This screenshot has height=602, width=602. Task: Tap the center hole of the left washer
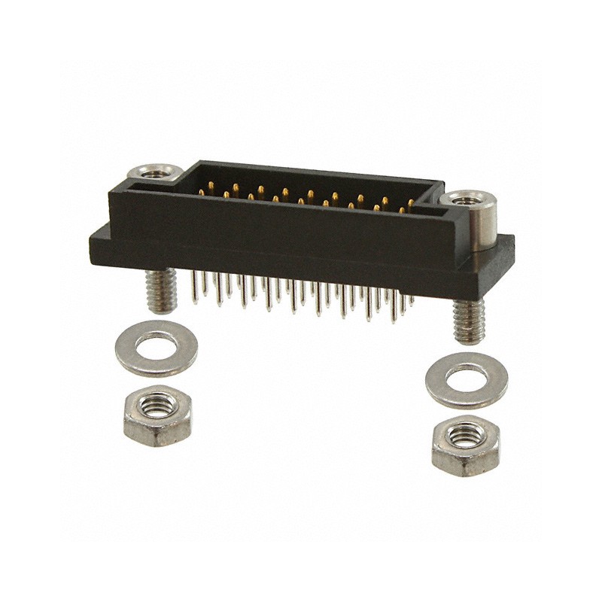tap(157, 347)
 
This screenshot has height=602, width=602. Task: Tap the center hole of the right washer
tap(467, 375)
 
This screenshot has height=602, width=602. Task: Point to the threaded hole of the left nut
tap(157, 407)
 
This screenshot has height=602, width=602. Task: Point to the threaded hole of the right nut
tap(467, 435)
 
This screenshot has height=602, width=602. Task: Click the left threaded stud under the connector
tap(162, 290)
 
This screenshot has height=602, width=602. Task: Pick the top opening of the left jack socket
tap(157, 172)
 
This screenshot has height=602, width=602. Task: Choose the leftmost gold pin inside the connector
tap(202, 193)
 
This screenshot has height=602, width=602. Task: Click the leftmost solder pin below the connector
tap(195, 290)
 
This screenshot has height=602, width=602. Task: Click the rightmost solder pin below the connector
tap(411, 301)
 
